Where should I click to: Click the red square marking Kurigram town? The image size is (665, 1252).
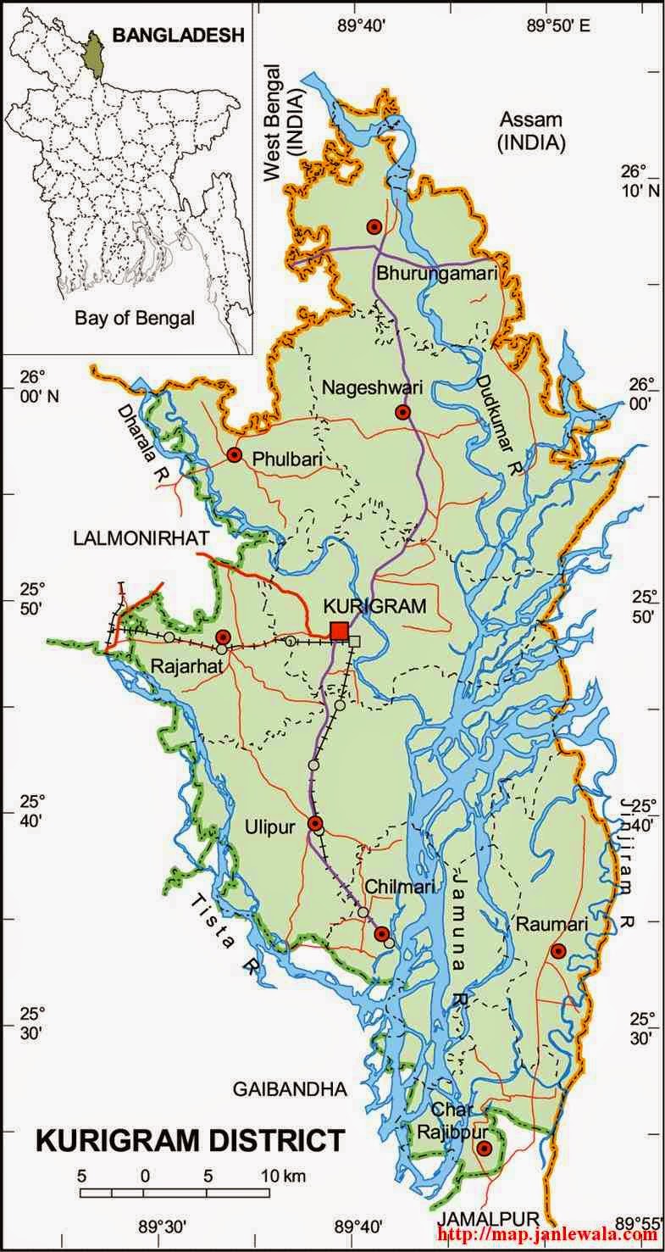click(339, 631)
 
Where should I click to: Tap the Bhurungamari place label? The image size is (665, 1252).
click(435, 273)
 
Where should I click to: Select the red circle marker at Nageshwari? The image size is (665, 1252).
click(403, 413)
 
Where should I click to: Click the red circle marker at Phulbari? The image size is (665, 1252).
click(235, 455)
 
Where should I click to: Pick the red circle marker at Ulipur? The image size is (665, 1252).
click(315, 823)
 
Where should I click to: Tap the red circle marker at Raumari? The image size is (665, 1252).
click(557, 951)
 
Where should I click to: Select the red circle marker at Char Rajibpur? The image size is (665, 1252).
click(484, 1149)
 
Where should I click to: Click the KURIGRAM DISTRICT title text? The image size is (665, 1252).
click(191, 1141)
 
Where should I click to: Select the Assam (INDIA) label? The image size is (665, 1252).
click(531, 131)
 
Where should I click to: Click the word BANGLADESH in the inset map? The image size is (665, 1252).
click(178, 35)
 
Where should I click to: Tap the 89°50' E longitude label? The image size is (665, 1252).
click(557, 25)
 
